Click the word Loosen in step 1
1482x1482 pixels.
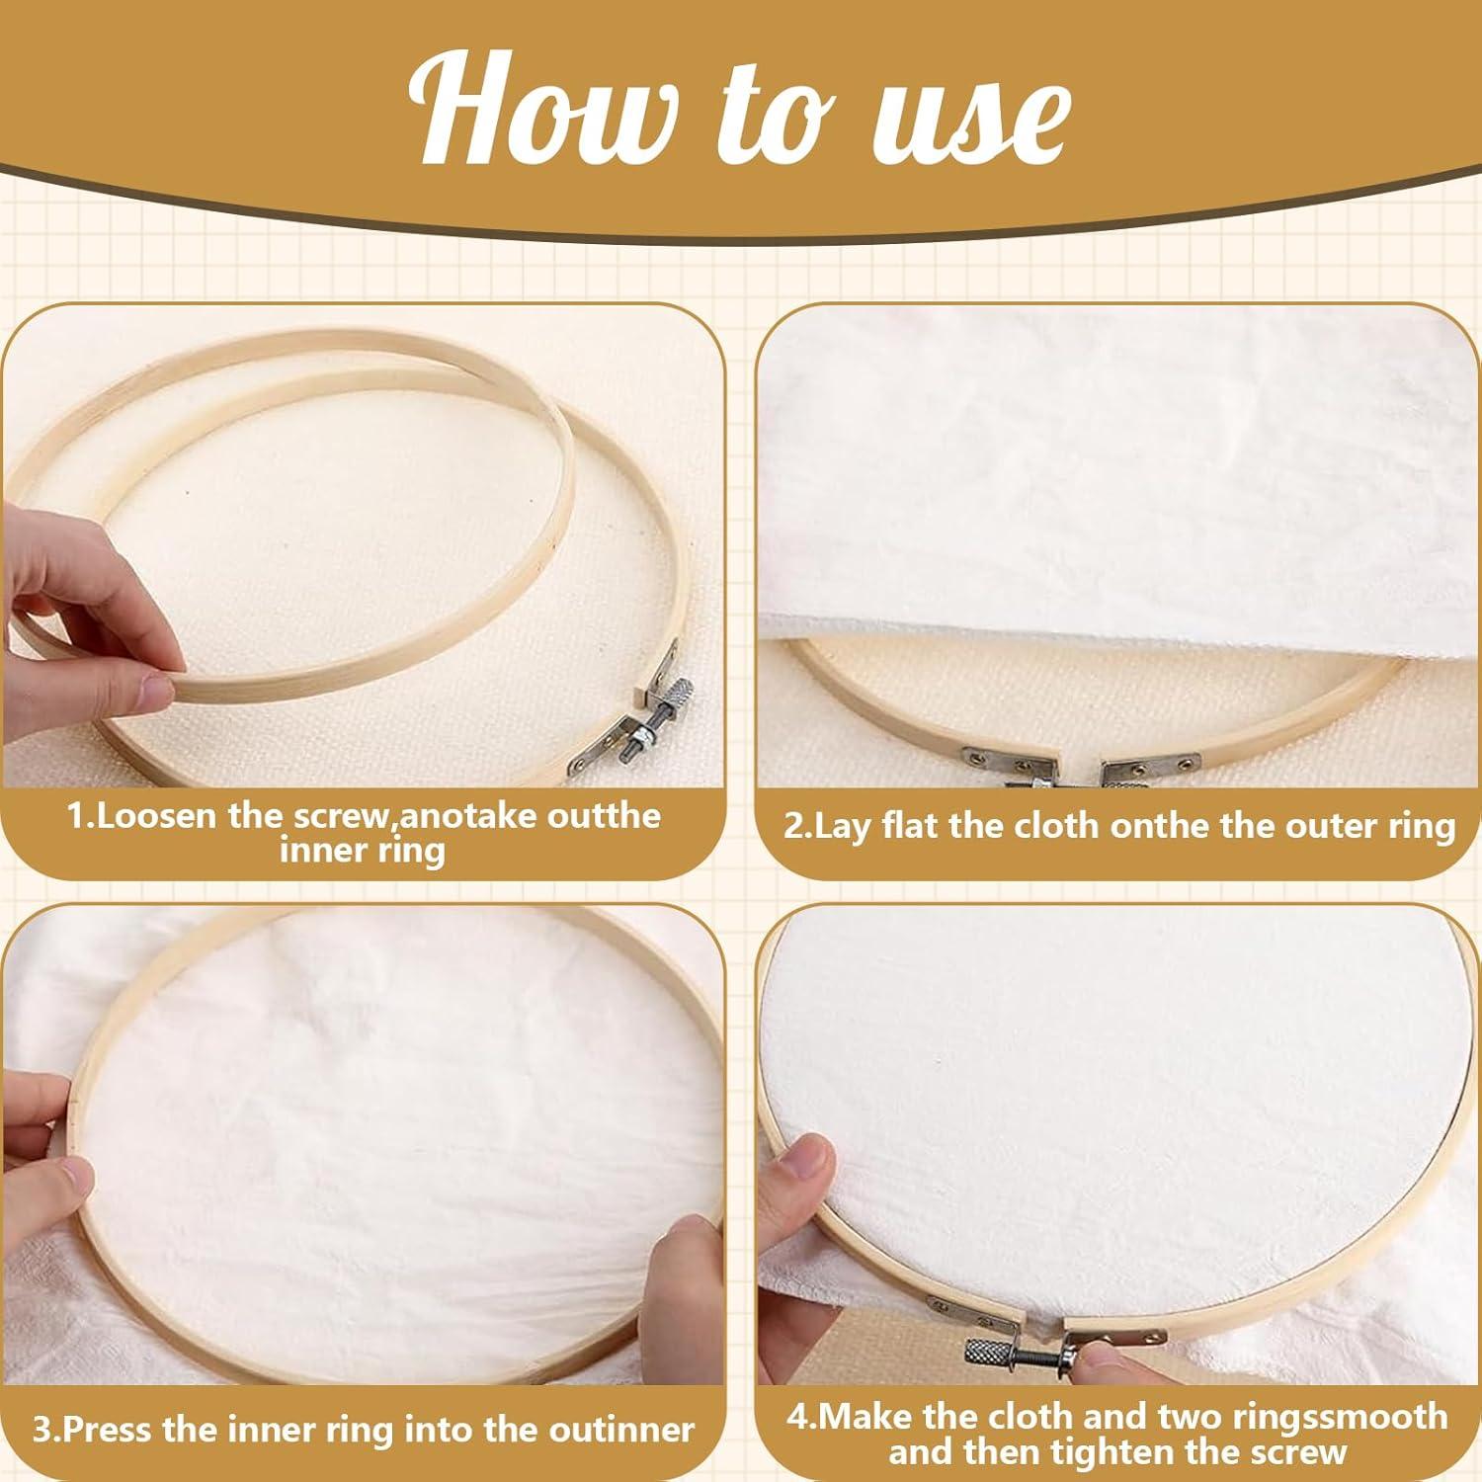(x=161, y=817)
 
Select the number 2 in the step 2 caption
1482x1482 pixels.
(x=795, y=826)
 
